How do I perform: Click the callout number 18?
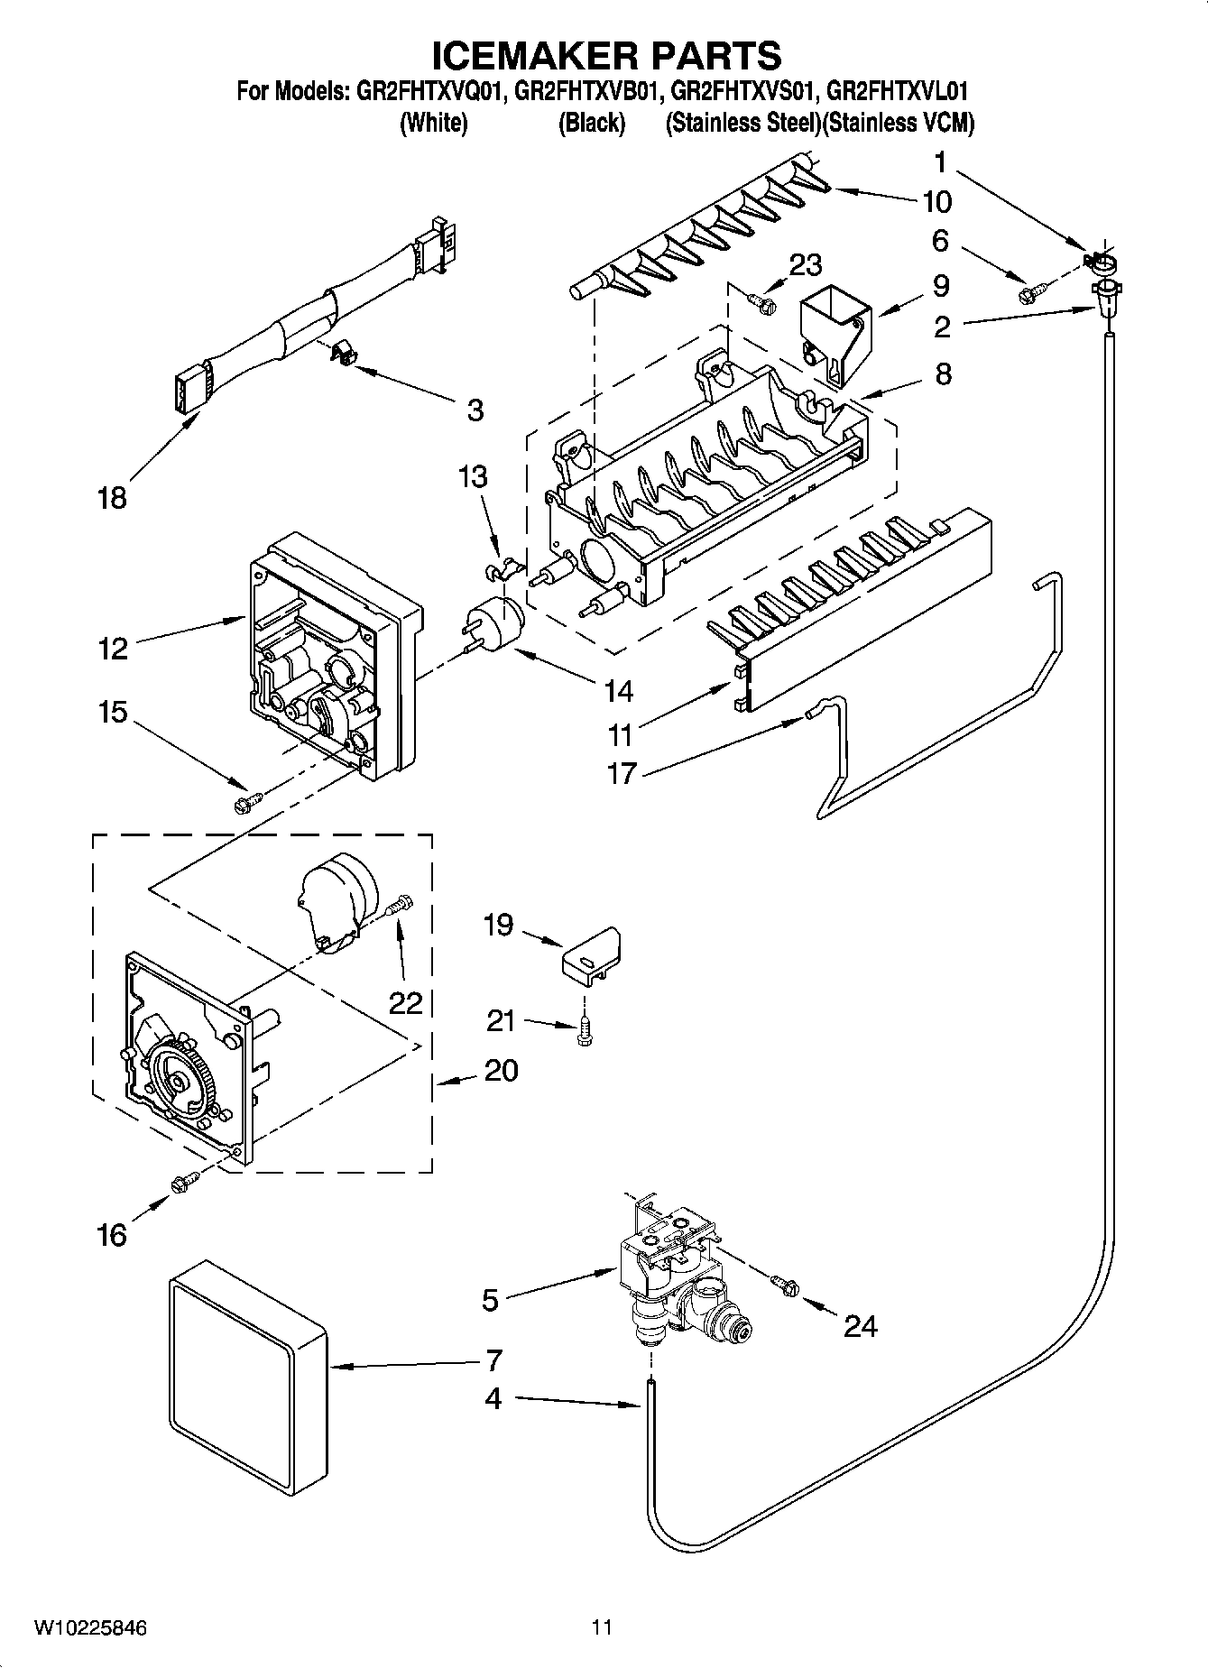[113, 497]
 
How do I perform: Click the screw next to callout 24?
[784, 1286]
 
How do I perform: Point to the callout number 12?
[114, 648]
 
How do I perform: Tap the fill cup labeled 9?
[836, 336]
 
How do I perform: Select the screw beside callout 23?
[762, 304]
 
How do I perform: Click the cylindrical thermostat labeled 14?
[495, 622]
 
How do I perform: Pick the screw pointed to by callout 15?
[246, 800]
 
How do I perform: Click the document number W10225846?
[90, 1627]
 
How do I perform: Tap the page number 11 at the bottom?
[602, 1627]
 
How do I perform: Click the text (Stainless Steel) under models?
[742, 123]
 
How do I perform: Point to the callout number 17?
[622, 773]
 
